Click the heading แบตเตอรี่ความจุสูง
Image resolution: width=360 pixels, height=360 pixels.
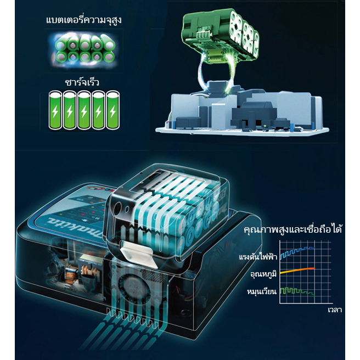click(x=84, y=20)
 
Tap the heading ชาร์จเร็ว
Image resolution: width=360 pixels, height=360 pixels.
click(x=82, y=82)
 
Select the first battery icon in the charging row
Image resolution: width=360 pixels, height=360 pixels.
click(x=55, y=110)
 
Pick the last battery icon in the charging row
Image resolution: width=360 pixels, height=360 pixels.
click(x=113, y=110)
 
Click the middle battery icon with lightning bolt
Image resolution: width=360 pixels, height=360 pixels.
click(x=84, y=110)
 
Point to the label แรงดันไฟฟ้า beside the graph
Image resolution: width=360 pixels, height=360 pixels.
click(x=258, y=256)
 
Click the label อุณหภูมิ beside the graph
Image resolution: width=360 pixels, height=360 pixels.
click(x=263, y=273)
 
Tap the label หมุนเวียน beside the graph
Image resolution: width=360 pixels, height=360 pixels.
click(x=262, y=291)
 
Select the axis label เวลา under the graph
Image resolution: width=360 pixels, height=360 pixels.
click(x=335, y=310)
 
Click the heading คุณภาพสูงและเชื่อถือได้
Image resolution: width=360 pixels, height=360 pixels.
click(x=293, y=229)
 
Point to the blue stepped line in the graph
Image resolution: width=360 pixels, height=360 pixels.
click(x=297, y=252)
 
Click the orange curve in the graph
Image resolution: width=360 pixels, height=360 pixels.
click(x=297, y=270)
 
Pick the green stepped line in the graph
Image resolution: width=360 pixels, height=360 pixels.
click(x=297, y=291)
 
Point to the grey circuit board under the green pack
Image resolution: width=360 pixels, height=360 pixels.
click(x=242, y=113)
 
